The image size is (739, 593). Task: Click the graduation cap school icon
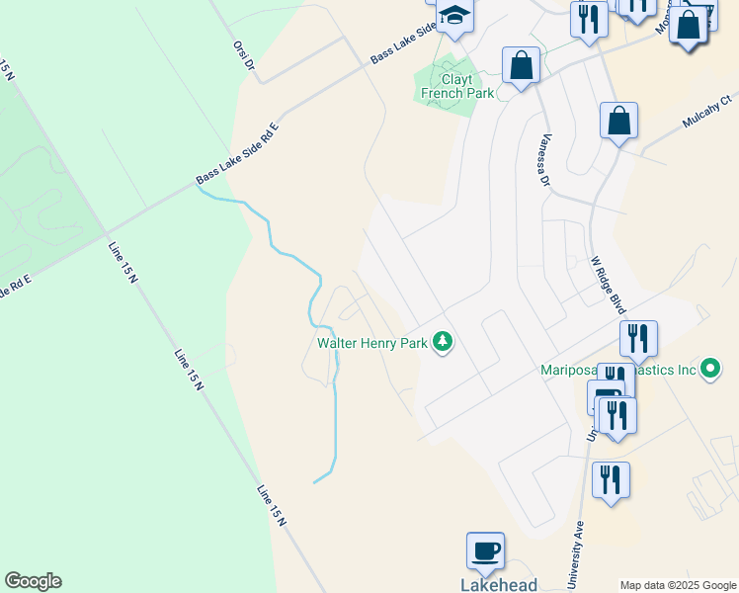(x=455, y=16)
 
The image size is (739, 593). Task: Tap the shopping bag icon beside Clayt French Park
(x=521, y=66)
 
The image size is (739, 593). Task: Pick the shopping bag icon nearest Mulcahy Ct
(x=618, y=122)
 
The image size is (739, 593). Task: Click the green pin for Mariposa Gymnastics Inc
(x=710, y=370)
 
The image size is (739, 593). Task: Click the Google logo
(x=33, y=581)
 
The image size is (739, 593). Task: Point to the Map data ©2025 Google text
(x=678, y=585)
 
